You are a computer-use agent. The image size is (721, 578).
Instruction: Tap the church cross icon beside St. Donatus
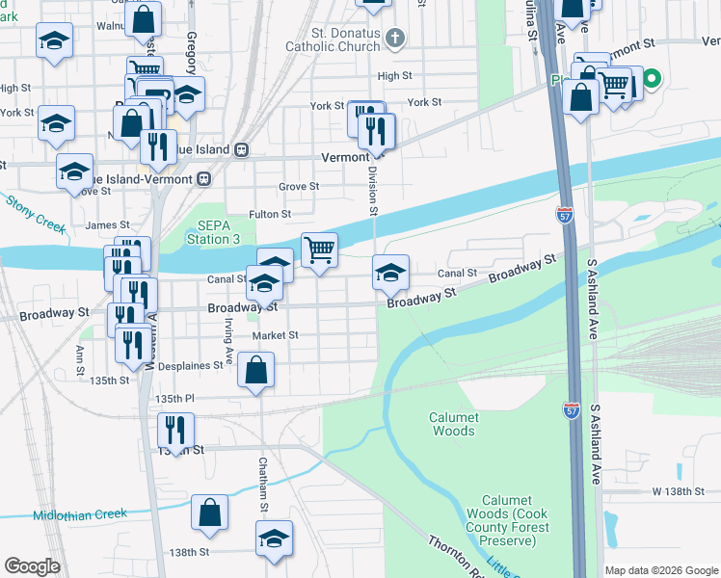[393, 39]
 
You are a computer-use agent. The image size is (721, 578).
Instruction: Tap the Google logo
[32, 566]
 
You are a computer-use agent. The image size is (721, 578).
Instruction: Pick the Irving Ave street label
[229, 340]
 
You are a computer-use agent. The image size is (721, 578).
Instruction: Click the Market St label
[275, 335]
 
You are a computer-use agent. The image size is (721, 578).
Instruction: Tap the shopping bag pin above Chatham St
[256, 371]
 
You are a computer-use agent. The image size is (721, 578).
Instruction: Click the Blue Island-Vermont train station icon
[204, 179]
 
